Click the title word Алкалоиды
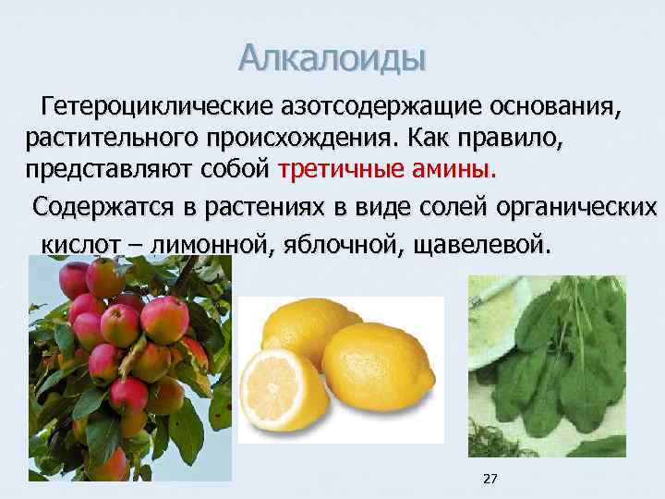[332, 57]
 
